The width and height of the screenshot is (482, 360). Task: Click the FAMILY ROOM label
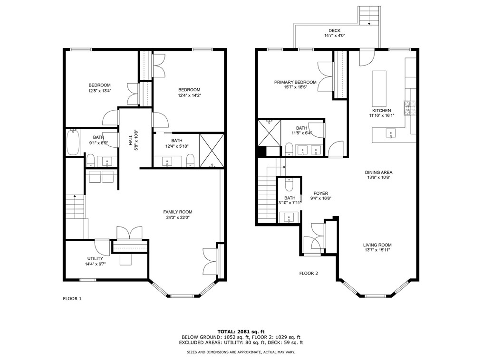[x=178, y=212]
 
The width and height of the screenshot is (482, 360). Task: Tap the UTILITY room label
[x=95, y=258]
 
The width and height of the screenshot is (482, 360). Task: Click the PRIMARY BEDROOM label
[x=295, y=82]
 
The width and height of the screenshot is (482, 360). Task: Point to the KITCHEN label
[x=381, y=110]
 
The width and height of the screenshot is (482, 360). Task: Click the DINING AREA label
[x=378, y=172]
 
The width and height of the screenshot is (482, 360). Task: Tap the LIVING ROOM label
[x=378, y=245]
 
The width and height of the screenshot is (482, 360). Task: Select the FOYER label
[x=321, y=193]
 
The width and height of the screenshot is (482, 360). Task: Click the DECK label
[x=334, y=31]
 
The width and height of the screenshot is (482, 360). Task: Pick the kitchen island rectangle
[x=379, y=88]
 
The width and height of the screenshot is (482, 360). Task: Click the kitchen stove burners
[x=409, y=108]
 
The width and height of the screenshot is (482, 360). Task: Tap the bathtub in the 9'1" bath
[x=73, y=143]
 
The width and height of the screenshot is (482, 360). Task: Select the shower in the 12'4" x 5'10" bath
[x=211, y=150]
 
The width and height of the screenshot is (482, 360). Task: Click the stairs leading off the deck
[x=370, y=15]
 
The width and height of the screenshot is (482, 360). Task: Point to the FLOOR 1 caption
[x=72, y=299]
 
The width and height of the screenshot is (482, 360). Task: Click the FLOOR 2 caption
[x=308, y=273]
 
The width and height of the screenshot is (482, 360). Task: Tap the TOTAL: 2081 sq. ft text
[x=241, y=331]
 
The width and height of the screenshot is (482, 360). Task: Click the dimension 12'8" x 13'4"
[x=99, y=91]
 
